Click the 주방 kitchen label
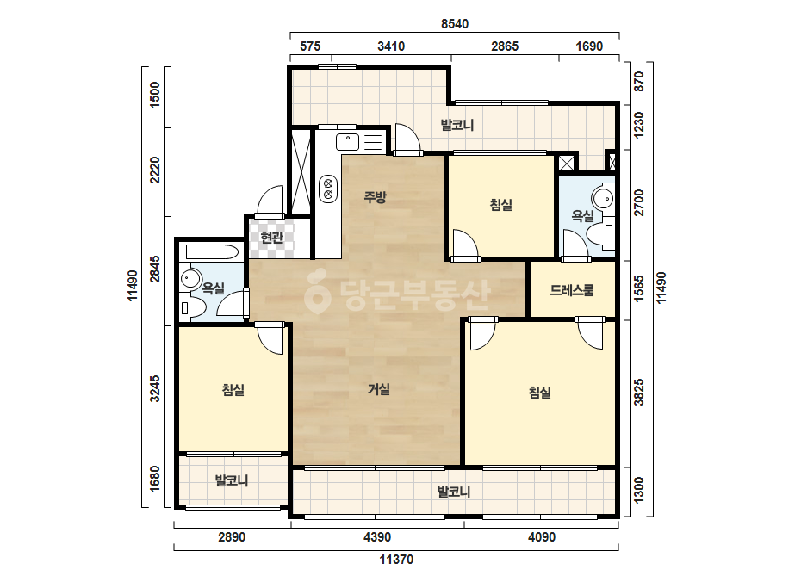tap(376, 196)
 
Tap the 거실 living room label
tap(379, 389)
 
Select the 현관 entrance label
tap(271, 237)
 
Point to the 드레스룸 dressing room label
tap(572, 290)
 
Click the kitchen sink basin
tap(348, 141)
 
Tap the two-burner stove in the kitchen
tap(328, 189)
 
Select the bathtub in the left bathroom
tap(213, 252)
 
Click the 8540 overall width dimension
tap(455, 24)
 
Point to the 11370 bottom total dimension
tap(396, 560)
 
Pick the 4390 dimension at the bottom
tap(377, 537)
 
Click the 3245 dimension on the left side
tap(155, 388)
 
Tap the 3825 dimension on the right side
tap(639, 392)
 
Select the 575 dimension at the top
tap(310, 46)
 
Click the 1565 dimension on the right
tap(639, 289)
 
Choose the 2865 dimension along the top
tap(505, 46)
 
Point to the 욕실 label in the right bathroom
tap(582, 216)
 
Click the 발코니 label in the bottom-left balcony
tap(232, 480)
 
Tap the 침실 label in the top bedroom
tap(501, 205)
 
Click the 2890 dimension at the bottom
tap(232, 537)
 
